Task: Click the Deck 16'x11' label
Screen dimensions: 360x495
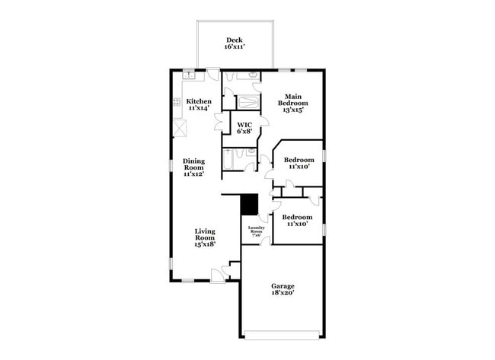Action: [233, 43]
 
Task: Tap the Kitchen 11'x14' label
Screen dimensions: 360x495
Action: [199, 105]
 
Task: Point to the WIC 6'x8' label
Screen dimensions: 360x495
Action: [244, 128]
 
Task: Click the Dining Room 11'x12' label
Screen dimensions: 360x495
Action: [193, 167]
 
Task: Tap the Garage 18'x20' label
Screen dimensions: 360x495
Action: [283, 290]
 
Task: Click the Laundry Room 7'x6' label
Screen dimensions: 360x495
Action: [256, 231]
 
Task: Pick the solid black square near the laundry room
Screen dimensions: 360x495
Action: [248, 205]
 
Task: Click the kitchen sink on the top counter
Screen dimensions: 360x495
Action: [189, 75]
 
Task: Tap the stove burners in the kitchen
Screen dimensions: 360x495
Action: [177, 104]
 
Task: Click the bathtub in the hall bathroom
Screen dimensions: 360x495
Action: [228, 159]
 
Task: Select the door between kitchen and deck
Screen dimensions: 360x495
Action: [214, 75]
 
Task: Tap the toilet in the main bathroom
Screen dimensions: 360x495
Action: [251, 76]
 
